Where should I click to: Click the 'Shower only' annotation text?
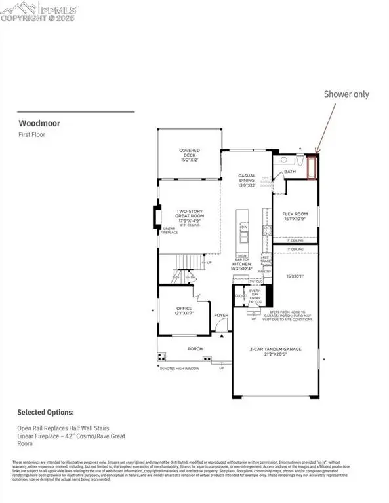click(346, 94)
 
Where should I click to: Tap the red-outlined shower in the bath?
click(312, 166)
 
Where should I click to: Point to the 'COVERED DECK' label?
click(190, 154)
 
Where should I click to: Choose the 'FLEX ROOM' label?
click(295, 216)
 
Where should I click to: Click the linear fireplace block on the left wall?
click(155, 217)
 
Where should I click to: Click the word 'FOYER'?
click(220, 315)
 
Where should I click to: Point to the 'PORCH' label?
click(195, 349)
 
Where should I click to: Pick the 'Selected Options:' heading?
click(45, 413)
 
